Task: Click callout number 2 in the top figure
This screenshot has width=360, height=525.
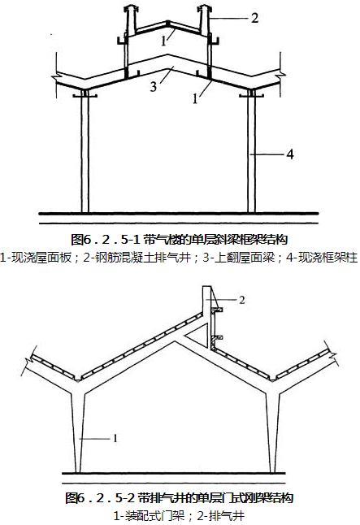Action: click(x=255, y=18)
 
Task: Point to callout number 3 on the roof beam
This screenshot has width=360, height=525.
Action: click(x=154, y=87)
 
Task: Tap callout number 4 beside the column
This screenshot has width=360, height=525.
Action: click(x=290, y=154)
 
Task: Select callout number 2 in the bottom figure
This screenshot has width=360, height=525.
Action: click(x=242, y=300)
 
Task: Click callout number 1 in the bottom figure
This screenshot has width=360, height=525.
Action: click(x=115, y=438)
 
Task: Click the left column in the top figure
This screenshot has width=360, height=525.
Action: click(x=85, y=151)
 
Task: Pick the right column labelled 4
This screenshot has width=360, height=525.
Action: click(x=251, y=151)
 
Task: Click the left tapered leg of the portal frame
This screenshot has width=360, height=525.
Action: click(x=78, y=432)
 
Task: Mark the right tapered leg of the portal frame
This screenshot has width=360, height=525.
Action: click(x=272, y=432)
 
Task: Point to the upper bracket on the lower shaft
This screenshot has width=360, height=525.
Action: click(x=217, y=310)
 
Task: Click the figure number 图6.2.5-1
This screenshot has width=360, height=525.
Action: click(x=106, y=240)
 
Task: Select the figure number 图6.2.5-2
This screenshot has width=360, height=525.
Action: click(x=101, y=498)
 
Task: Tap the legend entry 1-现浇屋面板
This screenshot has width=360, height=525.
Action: click(x=36, y=258)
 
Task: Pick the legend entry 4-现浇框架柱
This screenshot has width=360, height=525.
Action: click(x=322, y=258)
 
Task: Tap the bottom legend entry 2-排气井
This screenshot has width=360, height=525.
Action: click(x=221, y=515)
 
